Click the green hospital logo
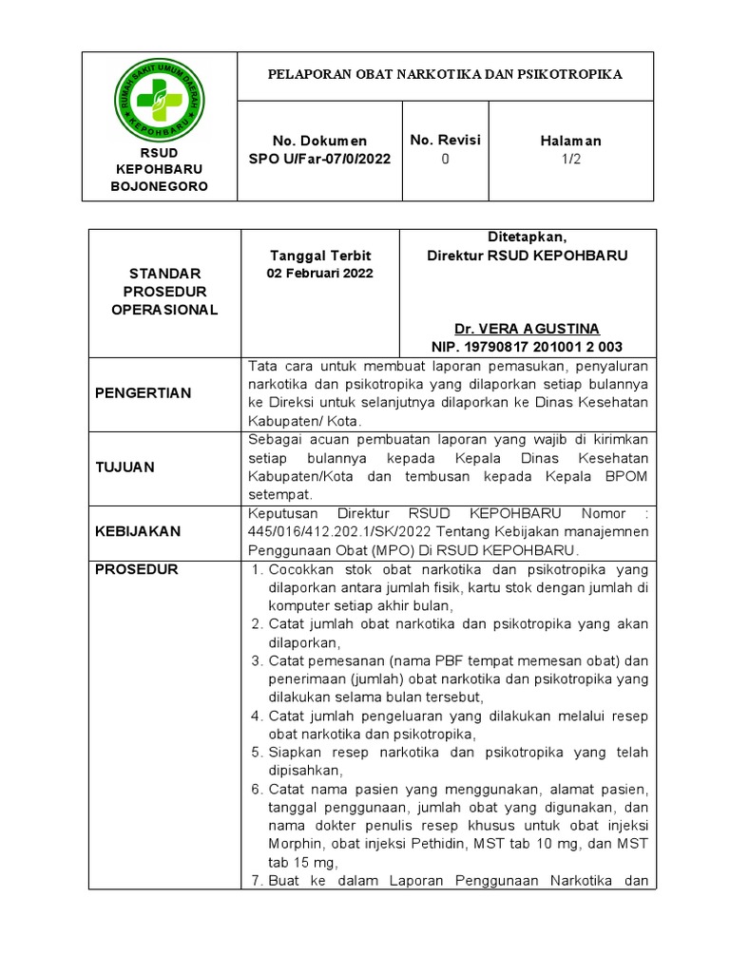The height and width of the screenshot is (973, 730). tap(159, 99)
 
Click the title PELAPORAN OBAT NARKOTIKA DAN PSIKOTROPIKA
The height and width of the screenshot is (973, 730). tap(445, 74)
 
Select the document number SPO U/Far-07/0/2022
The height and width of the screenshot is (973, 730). tap(319, 159)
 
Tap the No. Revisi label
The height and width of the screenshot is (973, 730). tap(445, 140)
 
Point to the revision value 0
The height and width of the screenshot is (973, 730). tap(445, 159)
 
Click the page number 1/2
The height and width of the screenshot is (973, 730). tap(570, 159)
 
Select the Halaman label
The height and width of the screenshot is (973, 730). tap(570, 141)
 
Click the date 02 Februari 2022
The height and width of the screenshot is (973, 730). tap(320, 274)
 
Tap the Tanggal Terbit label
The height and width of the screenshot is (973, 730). tap(320, 256)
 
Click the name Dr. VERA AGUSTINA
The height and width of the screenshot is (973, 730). tap(527, 329)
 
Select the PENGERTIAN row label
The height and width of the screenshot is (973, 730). tap(142, 393)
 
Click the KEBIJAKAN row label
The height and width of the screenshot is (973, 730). tap(137, 532)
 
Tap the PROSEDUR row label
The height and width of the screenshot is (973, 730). tap(135, 569)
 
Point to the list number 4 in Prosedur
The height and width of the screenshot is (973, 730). tap(256, 715)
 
